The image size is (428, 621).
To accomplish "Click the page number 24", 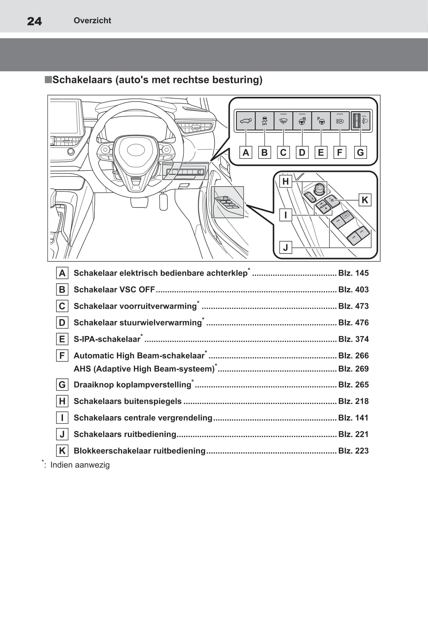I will (34, 21).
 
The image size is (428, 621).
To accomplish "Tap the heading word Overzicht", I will (92, 21).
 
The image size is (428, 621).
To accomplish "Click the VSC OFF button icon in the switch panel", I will (265, 121).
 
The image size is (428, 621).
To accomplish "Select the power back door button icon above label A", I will (245, 121).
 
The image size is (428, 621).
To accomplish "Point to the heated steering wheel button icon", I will (302, 121).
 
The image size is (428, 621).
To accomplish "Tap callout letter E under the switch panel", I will (321, 152).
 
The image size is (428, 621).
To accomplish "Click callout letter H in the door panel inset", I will (286, 182).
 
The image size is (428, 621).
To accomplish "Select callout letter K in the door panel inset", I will (365, 200).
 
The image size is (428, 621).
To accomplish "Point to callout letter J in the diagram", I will (286, 247).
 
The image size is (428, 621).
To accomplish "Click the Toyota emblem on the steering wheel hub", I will (136, 150).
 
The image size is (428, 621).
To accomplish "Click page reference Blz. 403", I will (353, 289).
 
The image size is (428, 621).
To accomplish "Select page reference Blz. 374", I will (353, 339).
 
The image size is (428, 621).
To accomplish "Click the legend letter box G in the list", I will (62, 385).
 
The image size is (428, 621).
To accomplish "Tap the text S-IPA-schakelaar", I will (107, 339).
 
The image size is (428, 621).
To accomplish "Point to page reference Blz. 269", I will (353, 369).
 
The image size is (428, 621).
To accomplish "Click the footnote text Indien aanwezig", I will (80, 465).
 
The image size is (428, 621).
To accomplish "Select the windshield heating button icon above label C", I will (283, 121).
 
